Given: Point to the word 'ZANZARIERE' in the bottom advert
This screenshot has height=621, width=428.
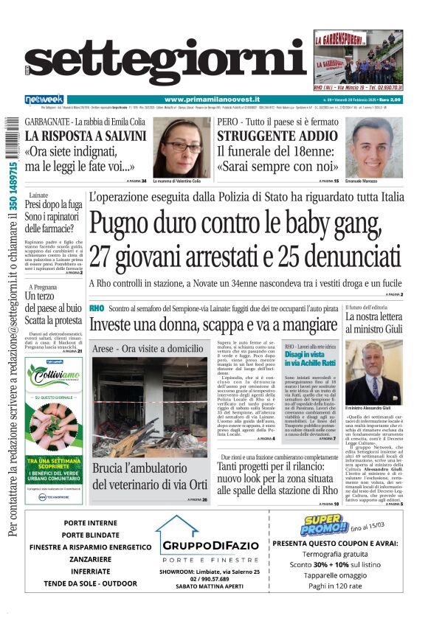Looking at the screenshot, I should [x=80, y=559].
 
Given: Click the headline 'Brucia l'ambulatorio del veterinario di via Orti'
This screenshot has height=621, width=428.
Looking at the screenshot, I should [x=150, y=475].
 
